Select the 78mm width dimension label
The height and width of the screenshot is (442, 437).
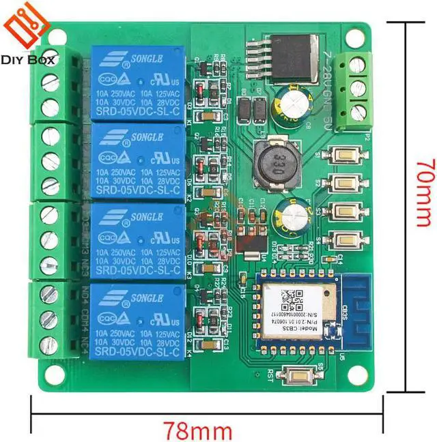tap(197, 430)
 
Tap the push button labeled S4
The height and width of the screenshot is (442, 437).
tap(346, 239)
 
